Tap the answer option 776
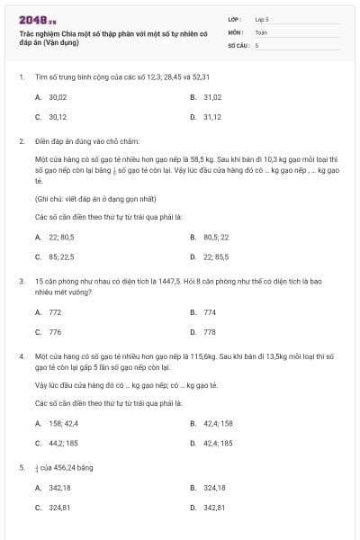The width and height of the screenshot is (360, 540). point(55,331)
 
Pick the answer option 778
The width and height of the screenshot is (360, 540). point(210,331)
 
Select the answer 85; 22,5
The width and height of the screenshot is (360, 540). point(61,256)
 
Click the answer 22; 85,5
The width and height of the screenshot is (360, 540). point(216,256)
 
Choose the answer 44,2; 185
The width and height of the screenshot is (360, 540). point(63,443)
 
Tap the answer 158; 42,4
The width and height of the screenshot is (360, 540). point(63,422)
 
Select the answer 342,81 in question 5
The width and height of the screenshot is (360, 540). point(213,508)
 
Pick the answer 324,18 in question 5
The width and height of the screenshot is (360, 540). point(213,487)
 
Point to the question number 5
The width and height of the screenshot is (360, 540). point(21,467)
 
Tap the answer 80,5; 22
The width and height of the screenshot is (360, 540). point(216,237)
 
